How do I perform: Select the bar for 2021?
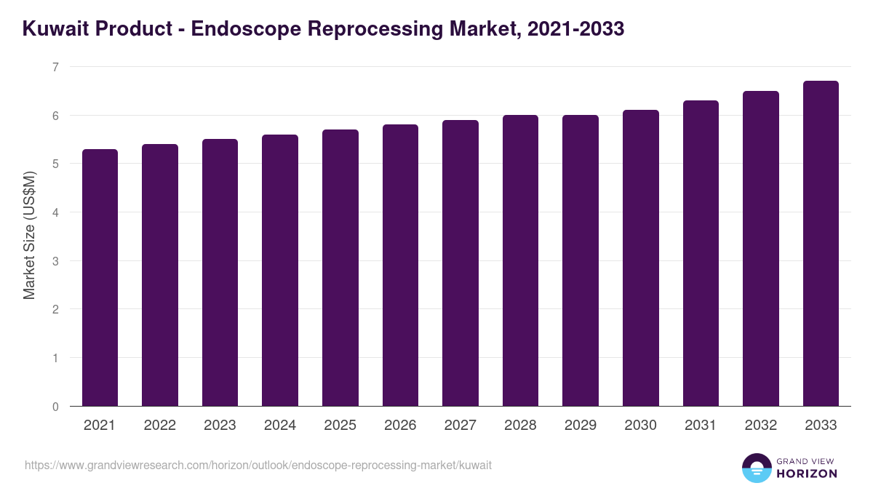[100, 277]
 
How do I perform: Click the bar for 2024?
[280, 270]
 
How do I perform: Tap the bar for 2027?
[461, 263]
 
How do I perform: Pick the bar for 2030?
[641, 258]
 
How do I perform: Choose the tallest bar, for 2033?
[821, 243]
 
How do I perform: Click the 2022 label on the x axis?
[160, 426]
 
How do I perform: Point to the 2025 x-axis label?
[340, 426]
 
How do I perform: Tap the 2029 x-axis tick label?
[581, 426]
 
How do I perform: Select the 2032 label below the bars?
[761, 426]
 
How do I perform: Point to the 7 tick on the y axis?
[55, 67]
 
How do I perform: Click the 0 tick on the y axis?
[55, 407]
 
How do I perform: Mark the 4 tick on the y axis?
[55, 212]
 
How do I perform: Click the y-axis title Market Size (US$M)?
[29, 234]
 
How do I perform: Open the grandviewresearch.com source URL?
[258, 465]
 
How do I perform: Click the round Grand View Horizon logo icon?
[757, 468]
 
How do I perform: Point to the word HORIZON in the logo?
[805, 474]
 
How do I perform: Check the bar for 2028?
[521, 260]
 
